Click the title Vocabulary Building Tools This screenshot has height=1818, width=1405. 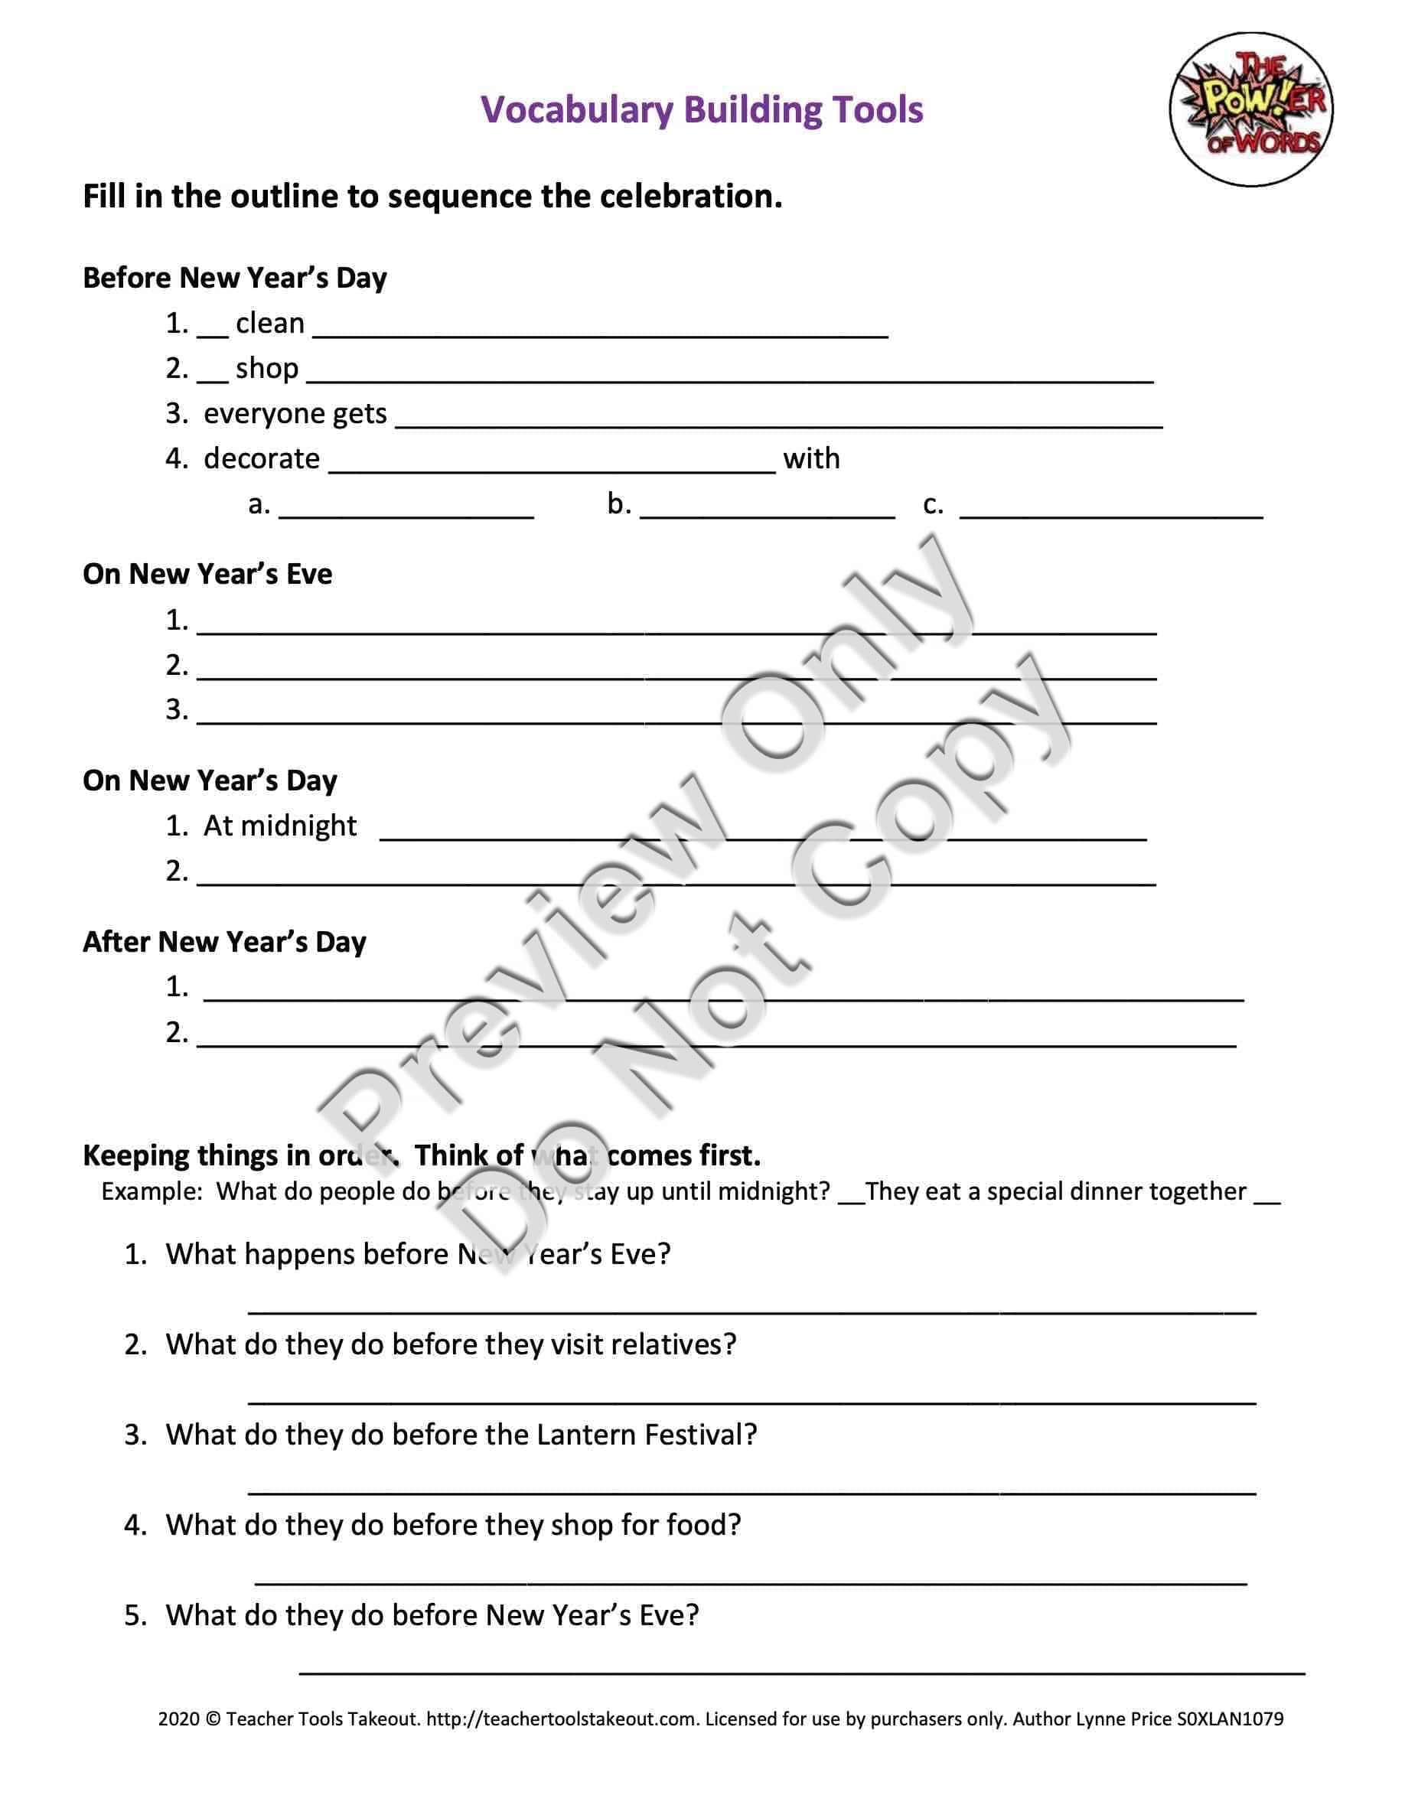702,110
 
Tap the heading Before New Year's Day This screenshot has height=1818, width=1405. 235,278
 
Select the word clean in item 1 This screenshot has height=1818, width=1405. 269,323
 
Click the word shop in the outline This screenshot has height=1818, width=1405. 266,368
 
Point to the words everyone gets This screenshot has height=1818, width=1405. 295,413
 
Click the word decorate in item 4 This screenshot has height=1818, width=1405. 262,458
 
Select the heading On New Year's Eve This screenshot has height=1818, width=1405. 207,575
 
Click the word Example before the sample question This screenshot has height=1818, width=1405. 150,1192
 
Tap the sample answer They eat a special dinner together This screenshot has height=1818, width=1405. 1055,1192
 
